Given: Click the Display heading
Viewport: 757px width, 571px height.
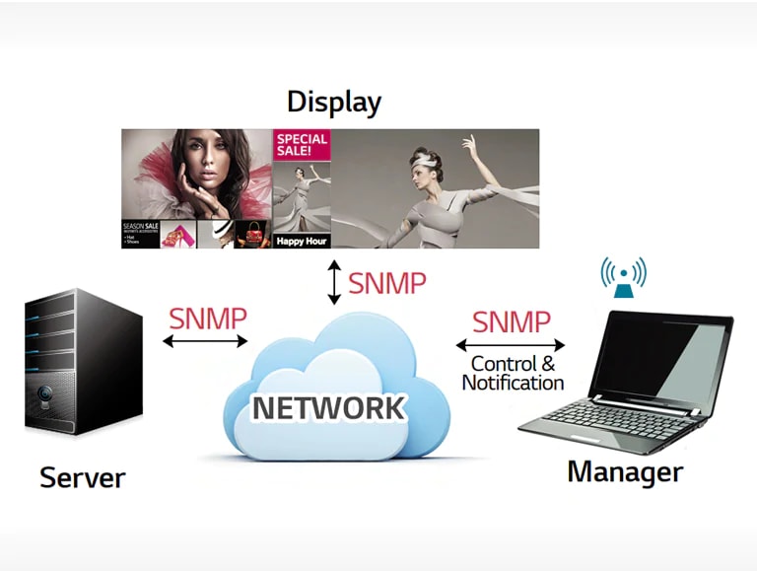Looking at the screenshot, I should point(333,102).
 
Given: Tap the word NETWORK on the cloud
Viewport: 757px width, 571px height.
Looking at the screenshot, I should point(327,407).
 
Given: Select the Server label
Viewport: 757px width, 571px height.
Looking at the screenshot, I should point(82,478).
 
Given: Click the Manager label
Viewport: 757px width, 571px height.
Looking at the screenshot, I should point(624,471).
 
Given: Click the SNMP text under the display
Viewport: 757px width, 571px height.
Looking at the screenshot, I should point(387,283).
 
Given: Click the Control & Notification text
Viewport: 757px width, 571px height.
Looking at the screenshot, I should point(513,374).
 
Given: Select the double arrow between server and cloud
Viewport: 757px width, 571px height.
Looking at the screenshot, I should point(206,341).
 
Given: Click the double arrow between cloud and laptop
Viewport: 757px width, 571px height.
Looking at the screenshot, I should point(510,345).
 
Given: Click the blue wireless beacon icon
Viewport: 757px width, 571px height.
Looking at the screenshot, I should point(623,278).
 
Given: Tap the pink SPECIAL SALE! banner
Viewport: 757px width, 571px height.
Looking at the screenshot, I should point(301,147).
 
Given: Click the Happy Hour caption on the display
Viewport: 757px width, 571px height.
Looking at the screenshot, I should point(301,241).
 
